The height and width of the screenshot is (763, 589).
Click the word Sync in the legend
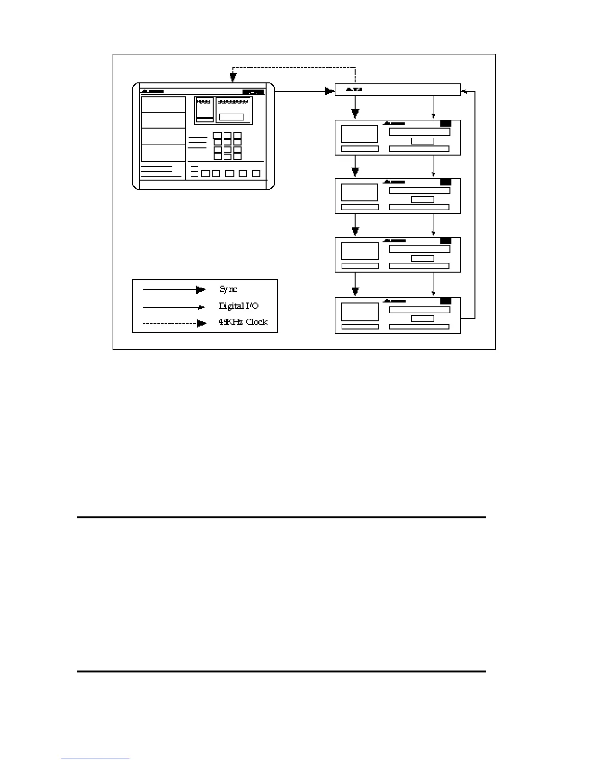click(228, 289)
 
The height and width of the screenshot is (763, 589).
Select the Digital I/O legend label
click(239, 306)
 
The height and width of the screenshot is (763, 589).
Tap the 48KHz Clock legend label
click(243, 322)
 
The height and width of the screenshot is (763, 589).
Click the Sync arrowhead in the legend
click(201, 289)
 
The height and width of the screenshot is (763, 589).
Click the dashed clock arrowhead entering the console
click(233, 77)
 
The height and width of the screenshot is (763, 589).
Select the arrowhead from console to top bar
click(330, 90)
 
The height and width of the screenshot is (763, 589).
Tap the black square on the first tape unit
click(446, 123)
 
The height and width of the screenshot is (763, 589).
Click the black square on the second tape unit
click(446, 182)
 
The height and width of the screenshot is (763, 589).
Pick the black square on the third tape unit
click(446, 241)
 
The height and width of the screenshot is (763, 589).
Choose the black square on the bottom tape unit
click(446, 301)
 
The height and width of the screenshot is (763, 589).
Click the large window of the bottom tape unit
click(360, 312)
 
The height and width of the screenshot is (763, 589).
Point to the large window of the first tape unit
click(359, 134)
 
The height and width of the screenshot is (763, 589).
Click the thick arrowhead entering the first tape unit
click(355, 114)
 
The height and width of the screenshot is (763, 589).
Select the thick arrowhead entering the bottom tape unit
click(355, 291)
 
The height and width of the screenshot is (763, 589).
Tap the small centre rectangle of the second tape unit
click(423, 199)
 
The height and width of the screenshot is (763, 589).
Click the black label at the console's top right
click(253, 92)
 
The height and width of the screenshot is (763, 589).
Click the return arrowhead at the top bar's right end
click(464, 90)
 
